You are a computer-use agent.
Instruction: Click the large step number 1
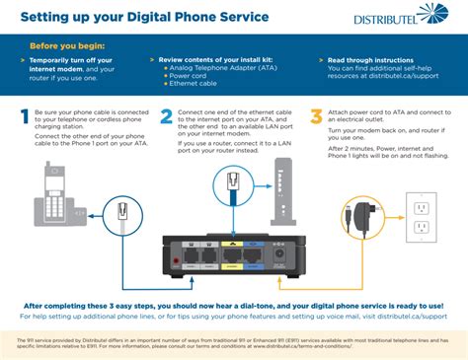click(25, 117)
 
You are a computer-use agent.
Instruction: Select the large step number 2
click(167, 117)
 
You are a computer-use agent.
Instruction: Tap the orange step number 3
click(315, 117)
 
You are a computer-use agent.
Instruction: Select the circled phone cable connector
click(122, 211)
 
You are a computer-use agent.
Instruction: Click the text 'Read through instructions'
click(373, 58)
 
